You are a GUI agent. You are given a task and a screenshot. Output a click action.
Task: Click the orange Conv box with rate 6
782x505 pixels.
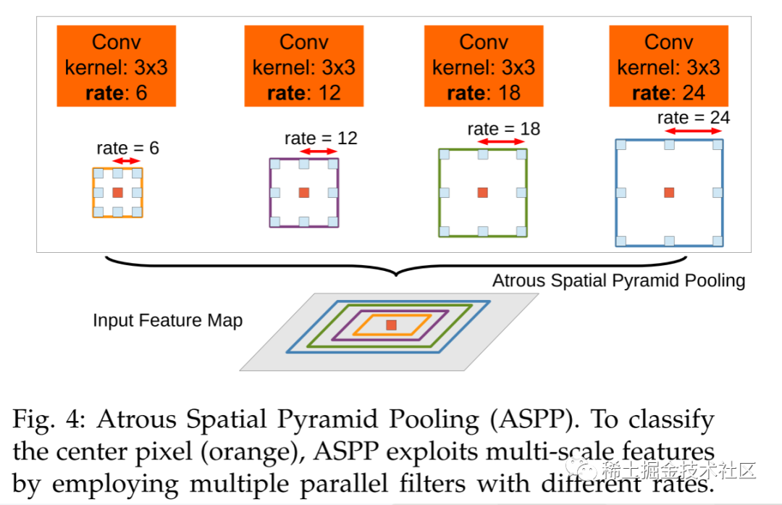click(117, 67)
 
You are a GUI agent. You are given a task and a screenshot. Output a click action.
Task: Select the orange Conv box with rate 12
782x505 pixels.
click(304, 67)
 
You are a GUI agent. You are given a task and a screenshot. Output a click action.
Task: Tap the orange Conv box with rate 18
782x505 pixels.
click(484, 67)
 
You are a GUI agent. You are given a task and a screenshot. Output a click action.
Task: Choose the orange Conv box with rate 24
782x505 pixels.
click(668, 67)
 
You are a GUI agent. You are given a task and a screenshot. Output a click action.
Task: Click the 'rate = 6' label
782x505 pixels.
click(127, 149)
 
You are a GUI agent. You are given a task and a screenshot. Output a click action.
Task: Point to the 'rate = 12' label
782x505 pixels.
click(321, 138)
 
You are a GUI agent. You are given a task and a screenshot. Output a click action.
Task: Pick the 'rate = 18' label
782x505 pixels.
click(504, 129)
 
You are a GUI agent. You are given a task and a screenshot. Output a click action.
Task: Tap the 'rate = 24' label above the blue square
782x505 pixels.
click(694, 117)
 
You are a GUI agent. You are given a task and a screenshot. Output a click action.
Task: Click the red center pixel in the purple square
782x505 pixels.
click(304, 193)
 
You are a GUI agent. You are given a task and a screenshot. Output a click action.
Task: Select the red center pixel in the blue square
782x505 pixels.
click(669, 192)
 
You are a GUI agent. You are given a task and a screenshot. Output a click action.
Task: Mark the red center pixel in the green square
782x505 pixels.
click(483, 192)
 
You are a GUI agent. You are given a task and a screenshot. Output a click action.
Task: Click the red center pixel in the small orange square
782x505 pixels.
click(118, 192)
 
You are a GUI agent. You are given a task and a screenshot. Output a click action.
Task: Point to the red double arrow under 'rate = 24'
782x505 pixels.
click(694, 131)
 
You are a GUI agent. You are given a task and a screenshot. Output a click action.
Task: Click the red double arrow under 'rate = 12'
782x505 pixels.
click(319, 151)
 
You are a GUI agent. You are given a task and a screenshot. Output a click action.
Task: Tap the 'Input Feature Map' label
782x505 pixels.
click(167, 320)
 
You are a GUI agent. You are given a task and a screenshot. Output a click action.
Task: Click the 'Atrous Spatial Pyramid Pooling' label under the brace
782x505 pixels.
click(618, 280)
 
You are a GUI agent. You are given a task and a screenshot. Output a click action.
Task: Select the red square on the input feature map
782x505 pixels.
click(391, 325)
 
